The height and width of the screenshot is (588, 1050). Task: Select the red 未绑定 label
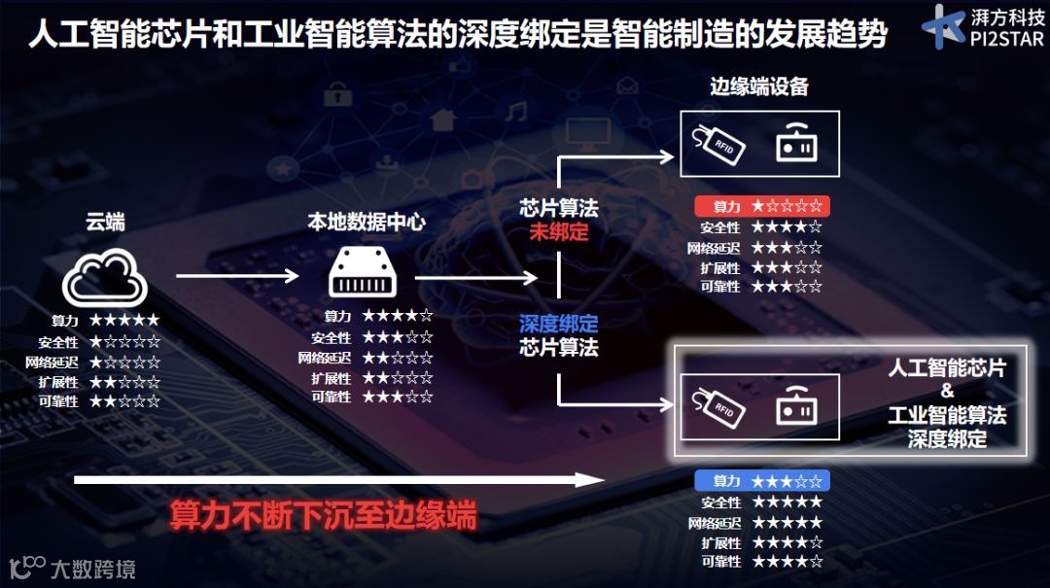coord(559,232)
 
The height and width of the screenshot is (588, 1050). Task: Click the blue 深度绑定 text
coord(559,325)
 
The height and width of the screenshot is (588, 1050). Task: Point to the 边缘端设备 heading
coord(759,87)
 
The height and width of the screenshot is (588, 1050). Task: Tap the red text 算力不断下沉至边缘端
coord(324,516)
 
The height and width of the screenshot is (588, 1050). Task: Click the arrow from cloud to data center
coord(237,276)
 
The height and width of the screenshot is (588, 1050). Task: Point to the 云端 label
coord(105,223)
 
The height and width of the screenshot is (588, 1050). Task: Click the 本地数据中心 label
coord(367,223)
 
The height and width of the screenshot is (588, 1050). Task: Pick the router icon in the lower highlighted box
coord(796,408)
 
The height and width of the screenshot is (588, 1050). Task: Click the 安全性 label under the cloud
coord(59,342)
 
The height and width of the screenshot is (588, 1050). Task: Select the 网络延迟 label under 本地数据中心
coord(325,358)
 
